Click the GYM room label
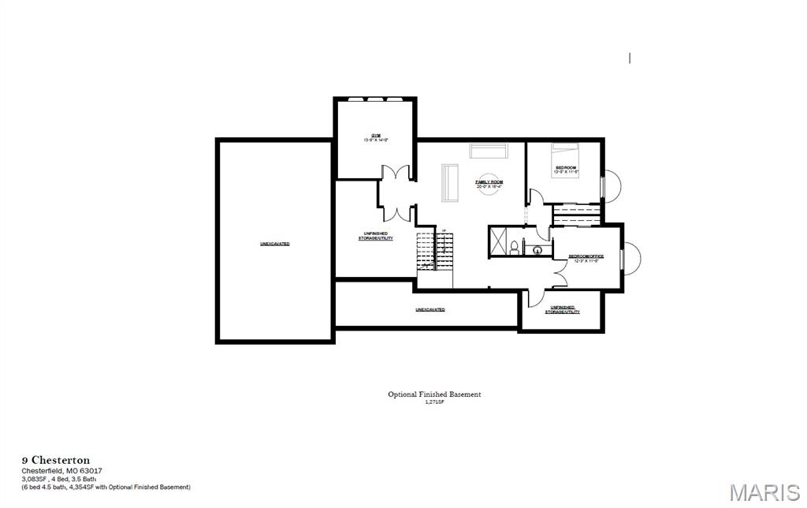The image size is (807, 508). (x=375, y=137)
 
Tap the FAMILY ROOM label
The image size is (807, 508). (x=489, y=183)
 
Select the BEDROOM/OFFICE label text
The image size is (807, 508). (x=586, y=258)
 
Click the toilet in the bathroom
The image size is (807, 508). (x=515, y=248)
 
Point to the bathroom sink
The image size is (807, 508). (x=538, y=251)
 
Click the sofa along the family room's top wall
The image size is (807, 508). (x=490, y=150)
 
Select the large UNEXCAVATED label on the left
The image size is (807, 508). (x=274, y=244)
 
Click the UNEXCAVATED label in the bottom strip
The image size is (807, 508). (x=430, y=309)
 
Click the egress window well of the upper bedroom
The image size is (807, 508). (x=612, y=186)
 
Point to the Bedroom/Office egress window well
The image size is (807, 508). (x=631, y=258)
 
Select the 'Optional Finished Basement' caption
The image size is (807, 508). (x=433, y=394)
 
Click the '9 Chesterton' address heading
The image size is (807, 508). (x=55, y=460)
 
